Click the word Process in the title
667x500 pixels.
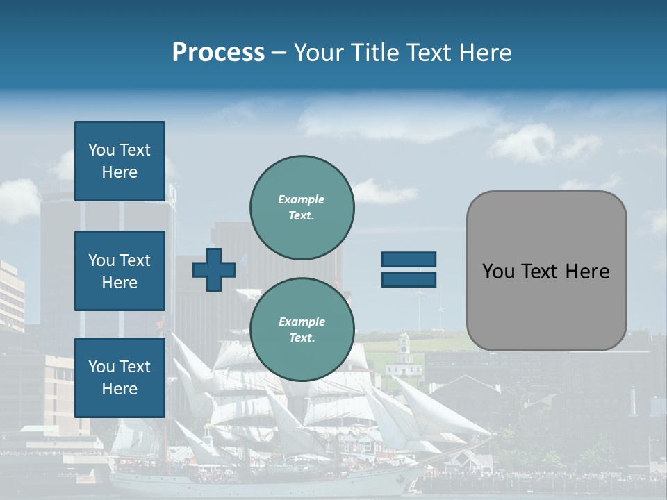click(x=218, y=53)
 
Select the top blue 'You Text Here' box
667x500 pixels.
click(x=120, y=161)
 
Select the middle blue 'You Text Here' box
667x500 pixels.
click(x=120, y=271)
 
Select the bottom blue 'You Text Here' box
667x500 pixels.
click(x=120, y=378)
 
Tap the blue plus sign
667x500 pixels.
click(x=213, y=269)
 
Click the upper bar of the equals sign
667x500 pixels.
click(x=409, y=259)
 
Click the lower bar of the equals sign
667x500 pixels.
click(x=409, y=280)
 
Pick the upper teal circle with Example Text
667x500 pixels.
click(x=302, y=207)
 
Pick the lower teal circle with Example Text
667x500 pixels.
click(x=302, y=329)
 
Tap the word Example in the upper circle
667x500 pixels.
click(x=301, y=199)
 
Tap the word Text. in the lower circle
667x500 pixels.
click(x=301, y=337)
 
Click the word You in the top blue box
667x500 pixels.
click(x=101, y=150)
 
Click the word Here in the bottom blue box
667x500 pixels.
click(x=120, y=389)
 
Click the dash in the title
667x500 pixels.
click(x=279, y=53)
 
